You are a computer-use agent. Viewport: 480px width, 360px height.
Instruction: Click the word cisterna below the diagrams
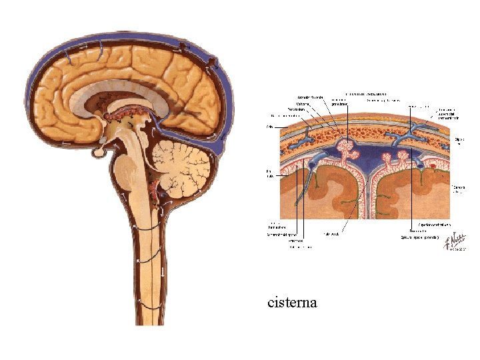(292, 303)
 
